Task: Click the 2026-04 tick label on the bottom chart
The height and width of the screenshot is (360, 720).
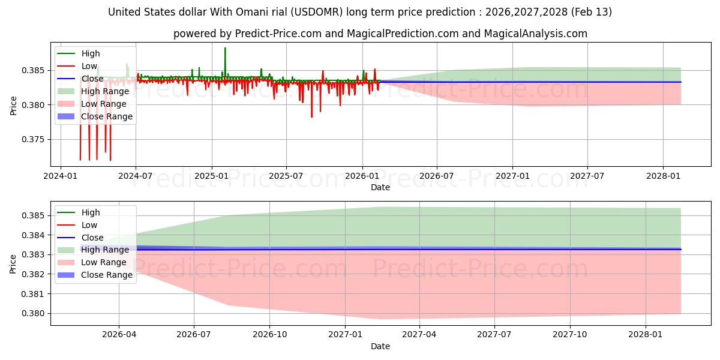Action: pyautogui.click(x=119, y=334)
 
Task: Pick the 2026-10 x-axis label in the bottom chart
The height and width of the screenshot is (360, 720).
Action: pyautogui.click(x=269, y=334)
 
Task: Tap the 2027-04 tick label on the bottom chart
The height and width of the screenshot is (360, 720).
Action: pyautogui.click(x=419, y=334)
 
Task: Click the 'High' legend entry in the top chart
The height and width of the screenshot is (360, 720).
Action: pyautogui.click(x=91, y=54)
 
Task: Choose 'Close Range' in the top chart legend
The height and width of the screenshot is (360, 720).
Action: pyautogui.click(x=107, y=116)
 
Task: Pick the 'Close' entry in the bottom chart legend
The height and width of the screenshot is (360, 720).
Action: pyautogui.click(x=92, y=238)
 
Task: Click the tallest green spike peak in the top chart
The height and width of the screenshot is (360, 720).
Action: pyautogui.click(x=225, y=48)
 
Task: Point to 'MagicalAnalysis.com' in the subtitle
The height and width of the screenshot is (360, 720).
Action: pyautogui.click(x=538, y=34)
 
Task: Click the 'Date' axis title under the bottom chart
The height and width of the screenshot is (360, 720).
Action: pyautogui.click(x=380, y=346)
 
